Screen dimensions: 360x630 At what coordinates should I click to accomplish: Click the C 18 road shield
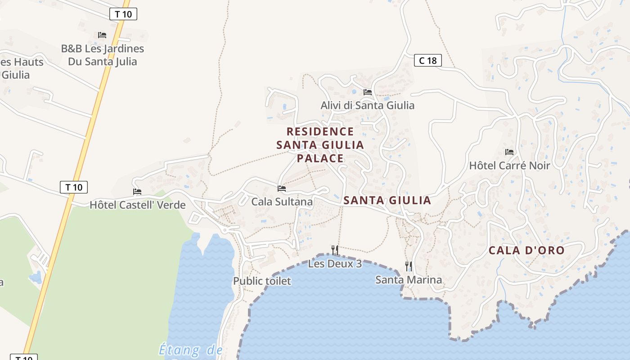[x=427, y=60]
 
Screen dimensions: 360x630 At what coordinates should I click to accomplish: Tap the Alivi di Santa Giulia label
[x=367, y=105]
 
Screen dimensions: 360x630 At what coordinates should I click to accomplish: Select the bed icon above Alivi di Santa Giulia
[x=368, y=92]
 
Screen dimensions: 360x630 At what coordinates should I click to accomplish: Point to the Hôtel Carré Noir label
[x=509, y=166]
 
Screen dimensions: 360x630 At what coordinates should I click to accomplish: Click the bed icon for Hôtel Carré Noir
[x=509, y=152]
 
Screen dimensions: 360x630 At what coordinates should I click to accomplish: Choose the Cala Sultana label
[x=282, y=202]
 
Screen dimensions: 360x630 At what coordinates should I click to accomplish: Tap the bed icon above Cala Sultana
[x=282, y=189]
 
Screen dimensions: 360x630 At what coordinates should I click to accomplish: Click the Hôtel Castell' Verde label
[x=137, y=205]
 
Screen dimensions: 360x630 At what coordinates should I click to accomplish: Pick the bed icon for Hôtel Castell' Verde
[x=137, y=192]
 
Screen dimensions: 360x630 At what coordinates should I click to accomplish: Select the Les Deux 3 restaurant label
[x=335, y=264]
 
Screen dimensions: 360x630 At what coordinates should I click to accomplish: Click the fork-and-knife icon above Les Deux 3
[x=335, y=250]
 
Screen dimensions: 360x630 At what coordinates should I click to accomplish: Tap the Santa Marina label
[x=409, y=280]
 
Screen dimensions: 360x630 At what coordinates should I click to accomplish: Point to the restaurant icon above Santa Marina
[x=409, y=266]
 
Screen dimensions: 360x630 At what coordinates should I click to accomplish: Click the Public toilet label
[x=262, y=281]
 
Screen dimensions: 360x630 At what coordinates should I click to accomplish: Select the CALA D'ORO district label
[x=526, y=251]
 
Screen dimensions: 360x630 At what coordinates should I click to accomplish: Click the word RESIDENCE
[x=320, y=131]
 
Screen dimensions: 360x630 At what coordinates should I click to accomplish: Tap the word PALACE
[x=320, y=158]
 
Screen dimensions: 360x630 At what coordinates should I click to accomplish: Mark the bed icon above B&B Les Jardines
[x=102, y=35]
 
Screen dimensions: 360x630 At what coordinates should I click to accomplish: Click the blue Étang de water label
[x=191, y=350]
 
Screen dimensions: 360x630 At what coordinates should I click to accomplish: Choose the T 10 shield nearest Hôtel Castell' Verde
[x=74, y=187]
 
